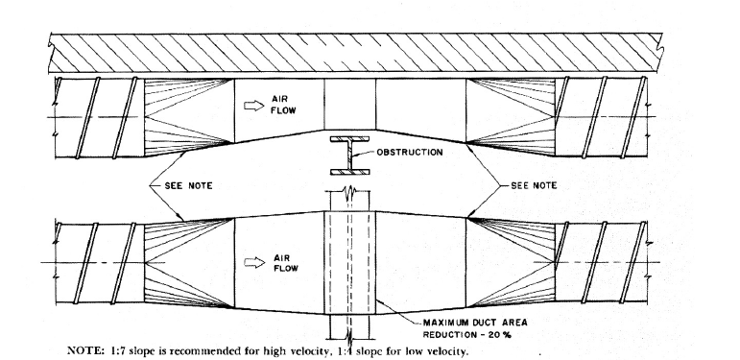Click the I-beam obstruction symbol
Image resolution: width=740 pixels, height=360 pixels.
351,156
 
